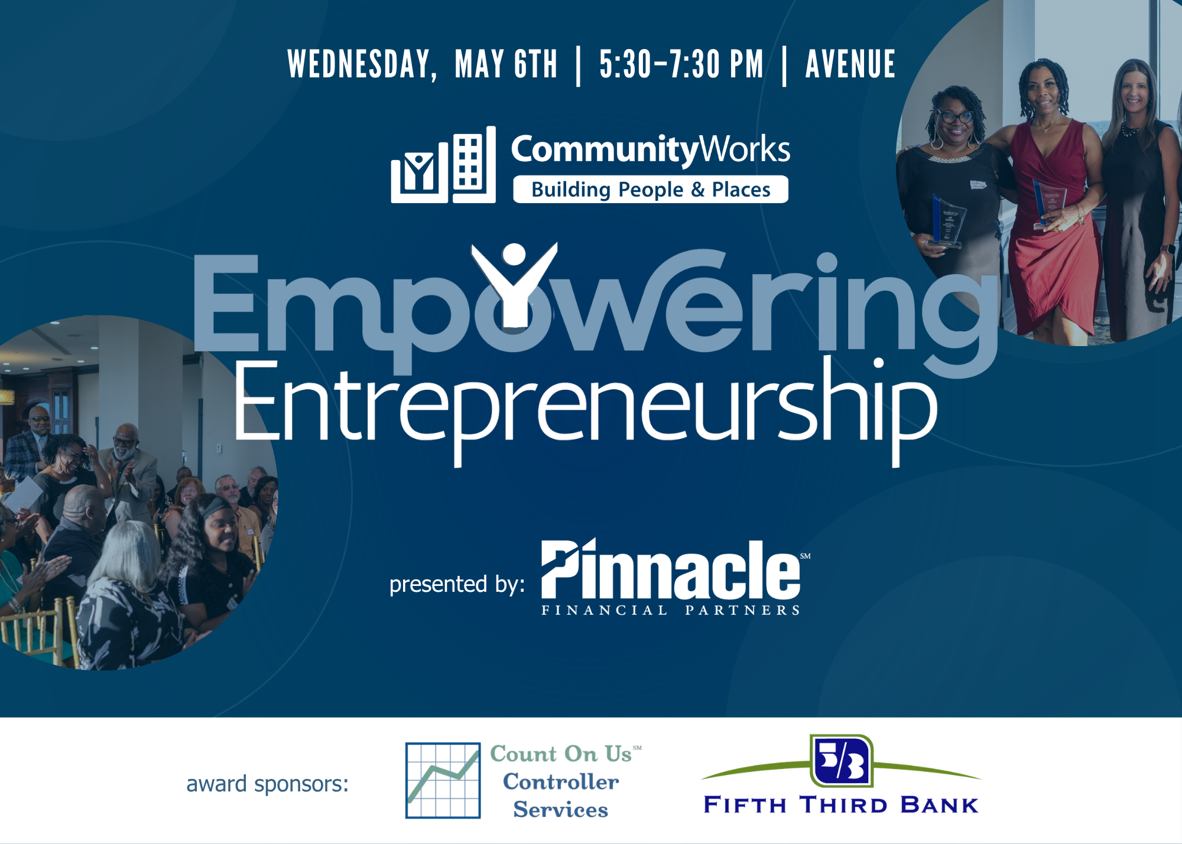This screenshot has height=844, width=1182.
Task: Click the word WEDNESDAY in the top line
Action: click(x=362, y=64)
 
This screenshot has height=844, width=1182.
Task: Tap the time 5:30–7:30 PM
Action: click(x=681, y=64)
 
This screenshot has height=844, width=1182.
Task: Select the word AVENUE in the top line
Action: click(x=850, y=64)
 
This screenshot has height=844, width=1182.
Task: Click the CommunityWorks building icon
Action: click(x=443, y=165)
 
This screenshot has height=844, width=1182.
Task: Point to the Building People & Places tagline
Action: click(x=651, y=190)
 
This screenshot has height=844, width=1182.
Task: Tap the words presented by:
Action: click(x=457, y=584)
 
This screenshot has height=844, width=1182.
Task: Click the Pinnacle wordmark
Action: click(x=671, y=569)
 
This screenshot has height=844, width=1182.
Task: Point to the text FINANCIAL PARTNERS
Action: click(x=671, y=610)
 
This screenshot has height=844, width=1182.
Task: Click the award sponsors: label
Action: click(x=268, y=784)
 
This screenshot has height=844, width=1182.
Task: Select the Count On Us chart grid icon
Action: click(x=443, y=780)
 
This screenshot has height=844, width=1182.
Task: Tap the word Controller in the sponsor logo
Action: click(x=561, y=781)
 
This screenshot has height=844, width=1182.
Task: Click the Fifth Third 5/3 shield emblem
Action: click(x=842, y=761)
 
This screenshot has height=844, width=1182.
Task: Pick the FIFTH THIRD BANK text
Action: click(x=841, y=805)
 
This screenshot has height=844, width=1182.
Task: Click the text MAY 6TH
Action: click(x=506, y=64)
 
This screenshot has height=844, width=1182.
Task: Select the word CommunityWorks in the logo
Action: click(x=651, y=149)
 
